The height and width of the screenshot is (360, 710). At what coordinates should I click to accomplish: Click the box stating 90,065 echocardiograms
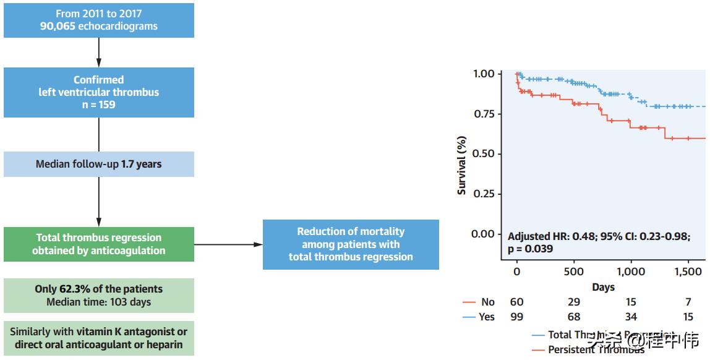99,20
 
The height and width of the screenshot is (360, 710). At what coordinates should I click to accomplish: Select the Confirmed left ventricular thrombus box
99,92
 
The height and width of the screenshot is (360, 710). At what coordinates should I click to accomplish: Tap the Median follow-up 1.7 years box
99,164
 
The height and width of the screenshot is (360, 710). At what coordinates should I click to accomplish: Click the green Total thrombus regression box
99,244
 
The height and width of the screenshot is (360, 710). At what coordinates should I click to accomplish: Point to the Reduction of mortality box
351,244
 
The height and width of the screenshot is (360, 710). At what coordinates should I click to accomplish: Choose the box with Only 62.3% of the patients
99,295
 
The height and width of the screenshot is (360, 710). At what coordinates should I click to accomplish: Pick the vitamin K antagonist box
99,338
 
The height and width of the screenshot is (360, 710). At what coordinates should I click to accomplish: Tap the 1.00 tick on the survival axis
483,74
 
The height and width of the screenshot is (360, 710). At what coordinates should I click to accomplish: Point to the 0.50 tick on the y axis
483,154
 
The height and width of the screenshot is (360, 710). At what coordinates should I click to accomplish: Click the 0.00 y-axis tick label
483,234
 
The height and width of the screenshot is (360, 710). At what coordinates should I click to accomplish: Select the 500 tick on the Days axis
574,272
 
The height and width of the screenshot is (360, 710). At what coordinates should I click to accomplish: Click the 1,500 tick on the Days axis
688,272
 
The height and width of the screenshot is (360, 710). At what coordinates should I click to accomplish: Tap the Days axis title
603,287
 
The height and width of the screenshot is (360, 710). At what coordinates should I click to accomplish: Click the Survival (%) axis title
462,166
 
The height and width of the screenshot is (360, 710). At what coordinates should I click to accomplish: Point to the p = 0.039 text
530,249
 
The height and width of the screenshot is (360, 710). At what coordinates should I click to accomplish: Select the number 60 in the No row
516,302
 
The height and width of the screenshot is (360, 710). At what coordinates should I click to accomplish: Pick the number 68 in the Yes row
574,317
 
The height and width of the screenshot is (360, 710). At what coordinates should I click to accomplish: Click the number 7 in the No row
688,302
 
